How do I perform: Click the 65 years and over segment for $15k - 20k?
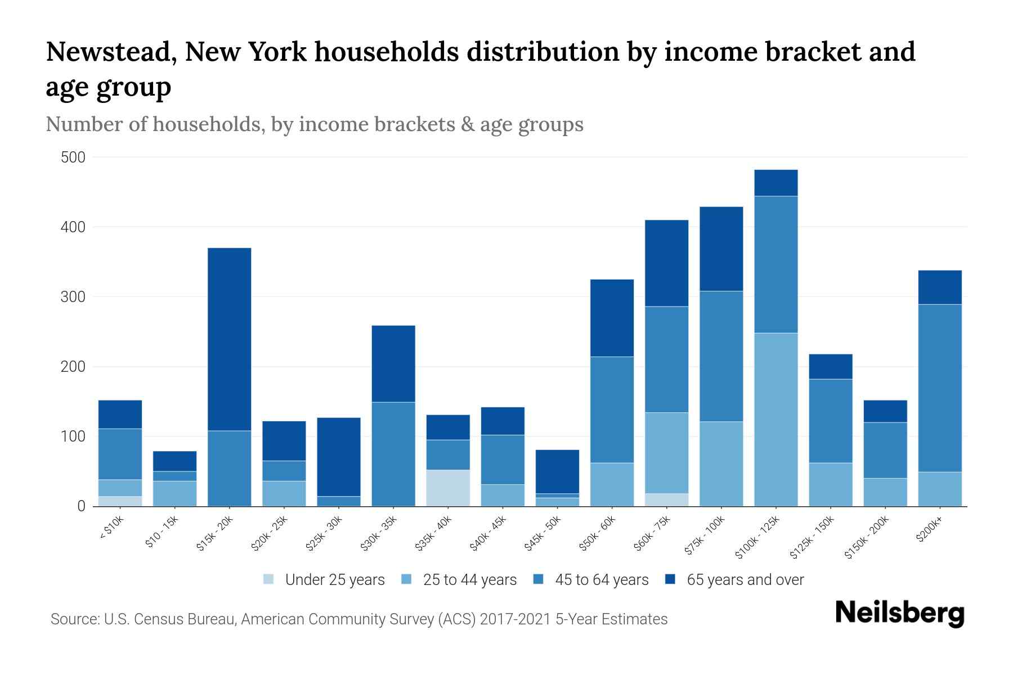click(x=230, y=339)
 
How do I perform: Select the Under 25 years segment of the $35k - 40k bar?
click(x=448, y=488)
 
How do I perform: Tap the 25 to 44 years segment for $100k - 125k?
click(x=776, y=420)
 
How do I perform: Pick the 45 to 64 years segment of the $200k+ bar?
click(x=940, y=388)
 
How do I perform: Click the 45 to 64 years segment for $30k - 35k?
click(x=393, y=454)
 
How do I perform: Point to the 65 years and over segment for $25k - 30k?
click(x=339, y=457)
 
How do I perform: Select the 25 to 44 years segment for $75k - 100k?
click(x=721, y=463)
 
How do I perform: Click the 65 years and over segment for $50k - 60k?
click(x=612, y=318)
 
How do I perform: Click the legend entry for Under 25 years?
click(x=324, y=580)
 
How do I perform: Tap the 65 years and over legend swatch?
click(x=670, y=579)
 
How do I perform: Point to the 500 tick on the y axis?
click(x=73, y=157)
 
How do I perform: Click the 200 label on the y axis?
click(x=73, y=367)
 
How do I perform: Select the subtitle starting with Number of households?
click(x=314, y=124)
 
